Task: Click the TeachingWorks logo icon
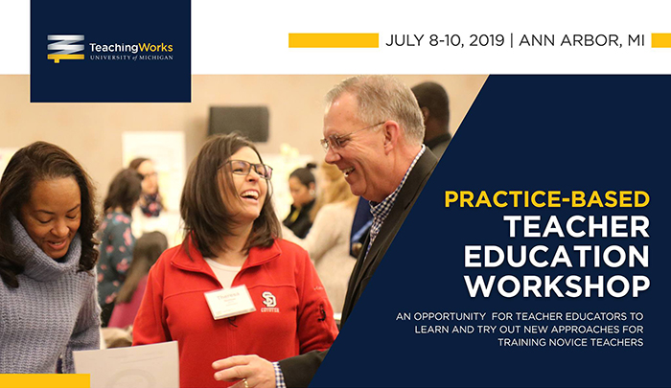pos(66,48)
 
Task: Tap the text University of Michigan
pos(130,57)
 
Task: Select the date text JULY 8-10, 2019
pos(446,41)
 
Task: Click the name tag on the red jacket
pos(229,300)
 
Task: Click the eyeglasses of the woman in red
pos(248,170)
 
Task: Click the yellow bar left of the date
pos(334,40)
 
